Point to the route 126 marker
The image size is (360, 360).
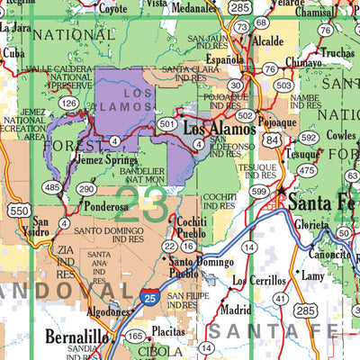click(x=68, y=103)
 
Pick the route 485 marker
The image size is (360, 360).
click(x=52, y=187)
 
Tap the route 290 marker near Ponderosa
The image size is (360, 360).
click(x=85, y=188)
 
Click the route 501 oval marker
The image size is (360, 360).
click(x=165, y=124)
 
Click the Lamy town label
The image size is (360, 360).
click(x=312, y=275)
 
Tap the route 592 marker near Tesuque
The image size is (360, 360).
click(x=309, y=138)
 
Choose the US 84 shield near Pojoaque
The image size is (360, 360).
click(x=272, y=139)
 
